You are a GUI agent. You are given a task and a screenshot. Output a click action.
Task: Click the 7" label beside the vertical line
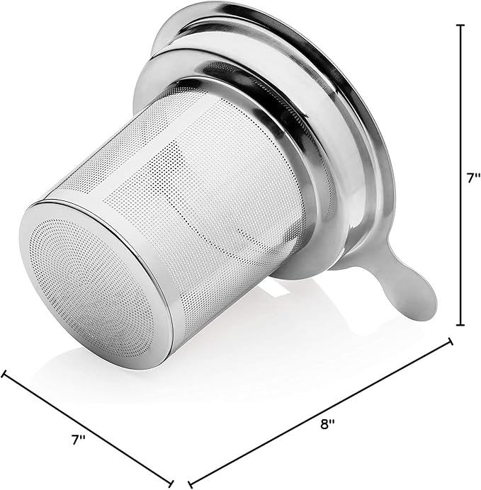(473, 178)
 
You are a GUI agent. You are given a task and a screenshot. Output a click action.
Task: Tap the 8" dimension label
(327, 424)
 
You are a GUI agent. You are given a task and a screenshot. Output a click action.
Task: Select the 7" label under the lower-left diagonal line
(78, 440)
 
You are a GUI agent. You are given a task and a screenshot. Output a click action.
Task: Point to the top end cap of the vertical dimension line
(460, 25)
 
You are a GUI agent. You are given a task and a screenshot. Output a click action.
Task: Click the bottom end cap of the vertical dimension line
(460, 325)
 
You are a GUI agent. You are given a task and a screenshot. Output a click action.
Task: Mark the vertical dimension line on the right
(460, 175)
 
